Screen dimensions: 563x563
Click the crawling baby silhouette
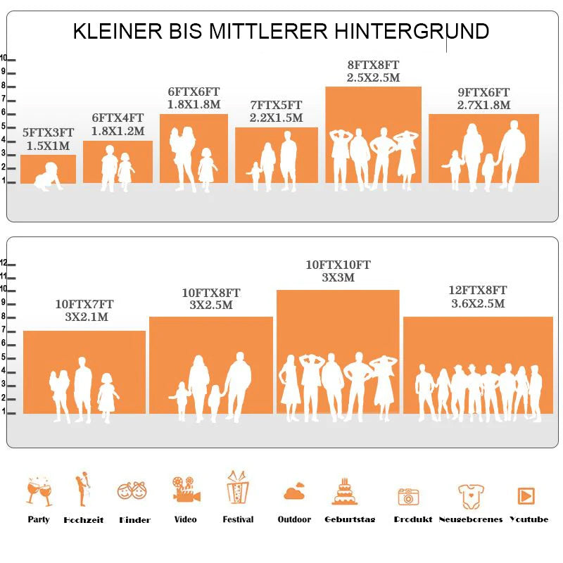(x=48, y=176)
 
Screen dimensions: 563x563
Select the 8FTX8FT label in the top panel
(x=373, y=65)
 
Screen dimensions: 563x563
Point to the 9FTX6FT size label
(x=483, y=92)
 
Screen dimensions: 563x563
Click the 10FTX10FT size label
(x=338, y=265)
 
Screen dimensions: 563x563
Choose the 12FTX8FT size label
(x=478, y=290)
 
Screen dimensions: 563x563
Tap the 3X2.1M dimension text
(x=84, y=317)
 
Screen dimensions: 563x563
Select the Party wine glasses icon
(x=39, y=491)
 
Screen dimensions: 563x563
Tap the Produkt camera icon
(x=408, y=496)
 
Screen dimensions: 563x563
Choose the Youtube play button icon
(x=526, y=495)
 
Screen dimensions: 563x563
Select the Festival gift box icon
(x=238, y=487)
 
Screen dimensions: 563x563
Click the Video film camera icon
(x=186, y=489)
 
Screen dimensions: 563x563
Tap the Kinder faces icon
(x=132, y=491)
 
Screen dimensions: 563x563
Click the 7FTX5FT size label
(x=276, y=105)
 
